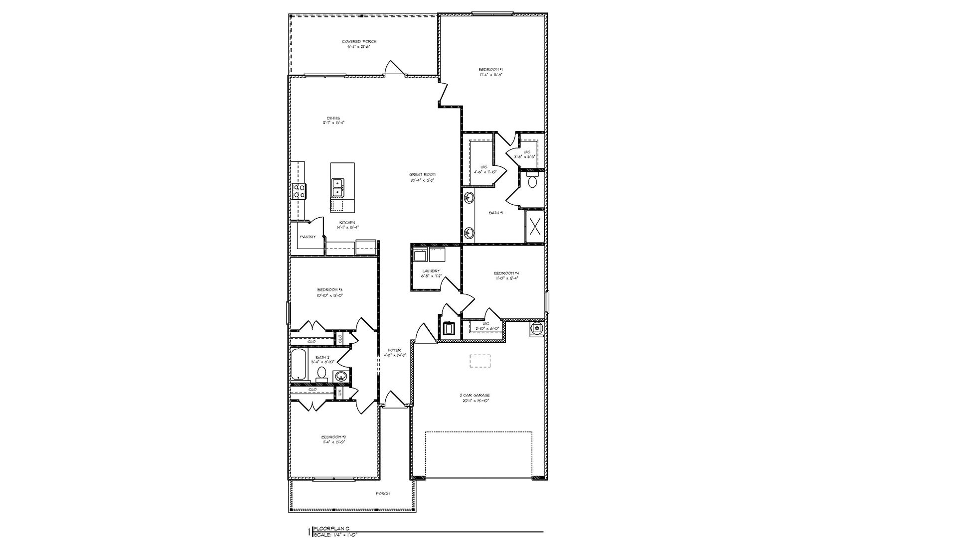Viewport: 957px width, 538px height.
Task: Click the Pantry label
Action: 308,237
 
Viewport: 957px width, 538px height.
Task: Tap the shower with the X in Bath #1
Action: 535,227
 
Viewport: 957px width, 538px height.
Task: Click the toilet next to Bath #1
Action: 532,180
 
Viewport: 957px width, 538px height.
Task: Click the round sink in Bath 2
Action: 341,376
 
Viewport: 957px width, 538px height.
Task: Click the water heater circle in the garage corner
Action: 537,328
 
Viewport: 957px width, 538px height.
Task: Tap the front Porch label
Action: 382,493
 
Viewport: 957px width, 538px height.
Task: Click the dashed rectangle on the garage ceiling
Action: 480,361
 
